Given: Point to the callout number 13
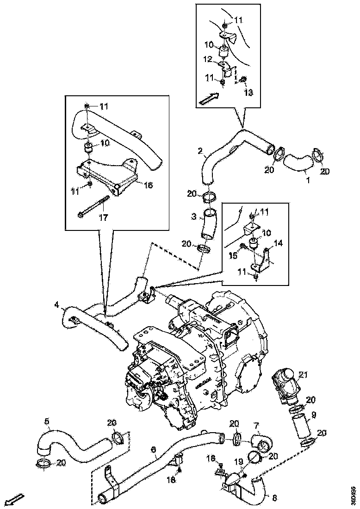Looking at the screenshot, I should pyautogui.click(x=248, y=93).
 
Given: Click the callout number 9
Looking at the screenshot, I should pyautogui.click(x=313, y=415).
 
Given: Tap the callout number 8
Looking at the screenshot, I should pyautogui.click(x=274, y=498).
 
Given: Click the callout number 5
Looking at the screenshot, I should pyautogui.click(x=47, y=421).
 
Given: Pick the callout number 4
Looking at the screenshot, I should pyautogui.click(x=56, y=304).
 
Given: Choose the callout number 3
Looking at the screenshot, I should pyautogui.click(x=195, y=216).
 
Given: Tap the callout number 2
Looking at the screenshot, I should pyautogui.click(x=200, y=150).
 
